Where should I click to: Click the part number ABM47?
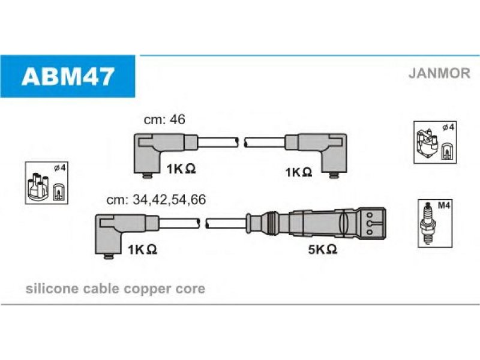click(68, 77)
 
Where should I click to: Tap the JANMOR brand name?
click(439, 73)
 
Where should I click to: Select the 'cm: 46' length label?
click(164, 119)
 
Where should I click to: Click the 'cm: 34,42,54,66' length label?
click(156, 200)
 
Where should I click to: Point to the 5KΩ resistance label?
click(322, 249)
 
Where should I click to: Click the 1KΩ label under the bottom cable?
click(142, 250)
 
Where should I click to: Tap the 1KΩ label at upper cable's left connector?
click(181, 169)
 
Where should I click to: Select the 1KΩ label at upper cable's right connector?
click(298, 172)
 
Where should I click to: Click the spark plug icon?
click(428, 223)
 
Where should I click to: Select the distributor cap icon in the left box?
click(38, 187)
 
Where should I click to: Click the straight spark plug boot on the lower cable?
click(316, 223)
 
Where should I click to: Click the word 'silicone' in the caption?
click(52, 289)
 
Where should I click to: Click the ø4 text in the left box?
click(59, 168)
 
